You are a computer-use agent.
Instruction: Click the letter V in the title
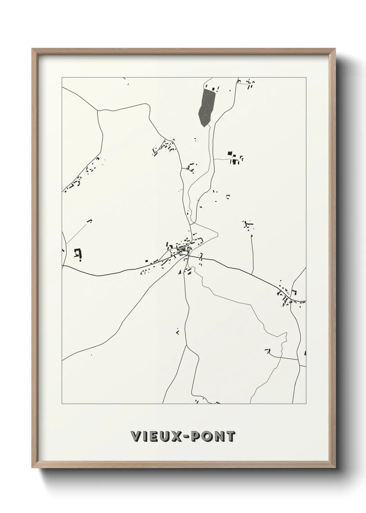point(136,437)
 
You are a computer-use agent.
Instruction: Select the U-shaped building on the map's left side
point(77,253)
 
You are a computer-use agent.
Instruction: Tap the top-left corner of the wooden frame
point(33,50)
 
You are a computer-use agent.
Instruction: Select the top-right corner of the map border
point(306,78)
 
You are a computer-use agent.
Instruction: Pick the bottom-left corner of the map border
point(62,404)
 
